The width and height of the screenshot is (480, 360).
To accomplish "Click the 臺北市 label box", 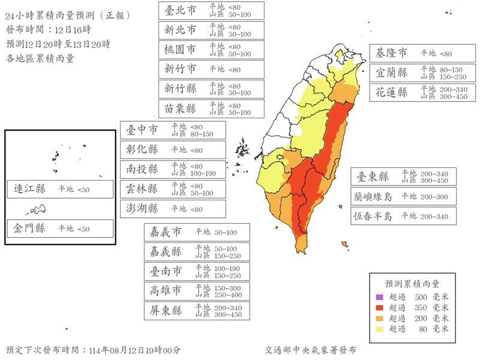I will pyautogui.click(x=211, y=10).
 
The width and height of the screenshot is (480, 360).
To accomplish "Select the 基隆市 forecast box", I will pyautogui.click(x=422, y=53).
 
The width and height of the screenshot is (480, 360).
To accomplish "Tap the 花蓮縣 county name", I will pyautogui.click(x=392, y=92).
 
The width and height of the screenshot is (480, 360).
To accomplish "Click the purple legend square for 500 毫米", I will pyautogui.click(x=379, y=297).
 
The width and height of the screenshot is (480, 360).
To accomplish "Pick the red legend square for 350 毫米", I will pyautogui.click(x=379, y=308).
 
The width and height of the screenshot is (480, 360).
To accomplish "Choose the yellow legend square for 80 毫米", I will pyautogui.click(x=379, y=329).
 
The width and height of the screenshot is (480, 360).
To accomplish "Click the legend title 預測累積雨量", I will pyautogui.click(x=412, y=283).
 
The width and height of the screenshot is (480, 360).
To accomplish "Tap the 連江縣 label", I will pyautogui.click(x=29, y=189).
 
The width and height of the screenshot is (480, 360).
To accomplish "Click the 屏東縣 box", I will pyautogui.click(x=197, y=311).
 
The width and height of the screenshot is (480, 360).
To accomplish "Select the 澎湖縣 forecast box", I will pyautogui.click(x=172, y=209).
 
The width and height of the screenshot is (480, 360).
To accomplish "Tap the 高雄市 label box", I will pyautogui.click(x=197, y=291).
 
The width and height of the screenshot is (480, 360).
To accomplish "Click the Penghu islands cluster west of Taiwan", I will pyautogui.click(x=242, y=149).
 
